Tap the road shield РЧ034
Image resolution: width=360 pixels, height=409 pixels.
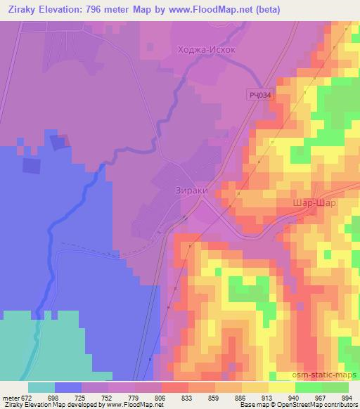point(259,93)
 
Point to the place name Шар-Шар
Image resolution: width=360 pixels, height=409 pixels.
point(313,202)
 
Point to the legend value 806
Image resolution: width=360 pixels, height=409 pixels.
point(161,397)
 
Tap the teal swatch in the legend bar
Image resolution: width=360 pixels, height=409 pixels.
point(41,387)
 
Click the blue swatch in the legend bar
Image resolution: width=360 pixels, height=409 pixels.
point(68,387)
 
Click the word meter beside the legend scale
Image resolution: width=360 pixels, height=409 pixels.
point(9,397)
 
